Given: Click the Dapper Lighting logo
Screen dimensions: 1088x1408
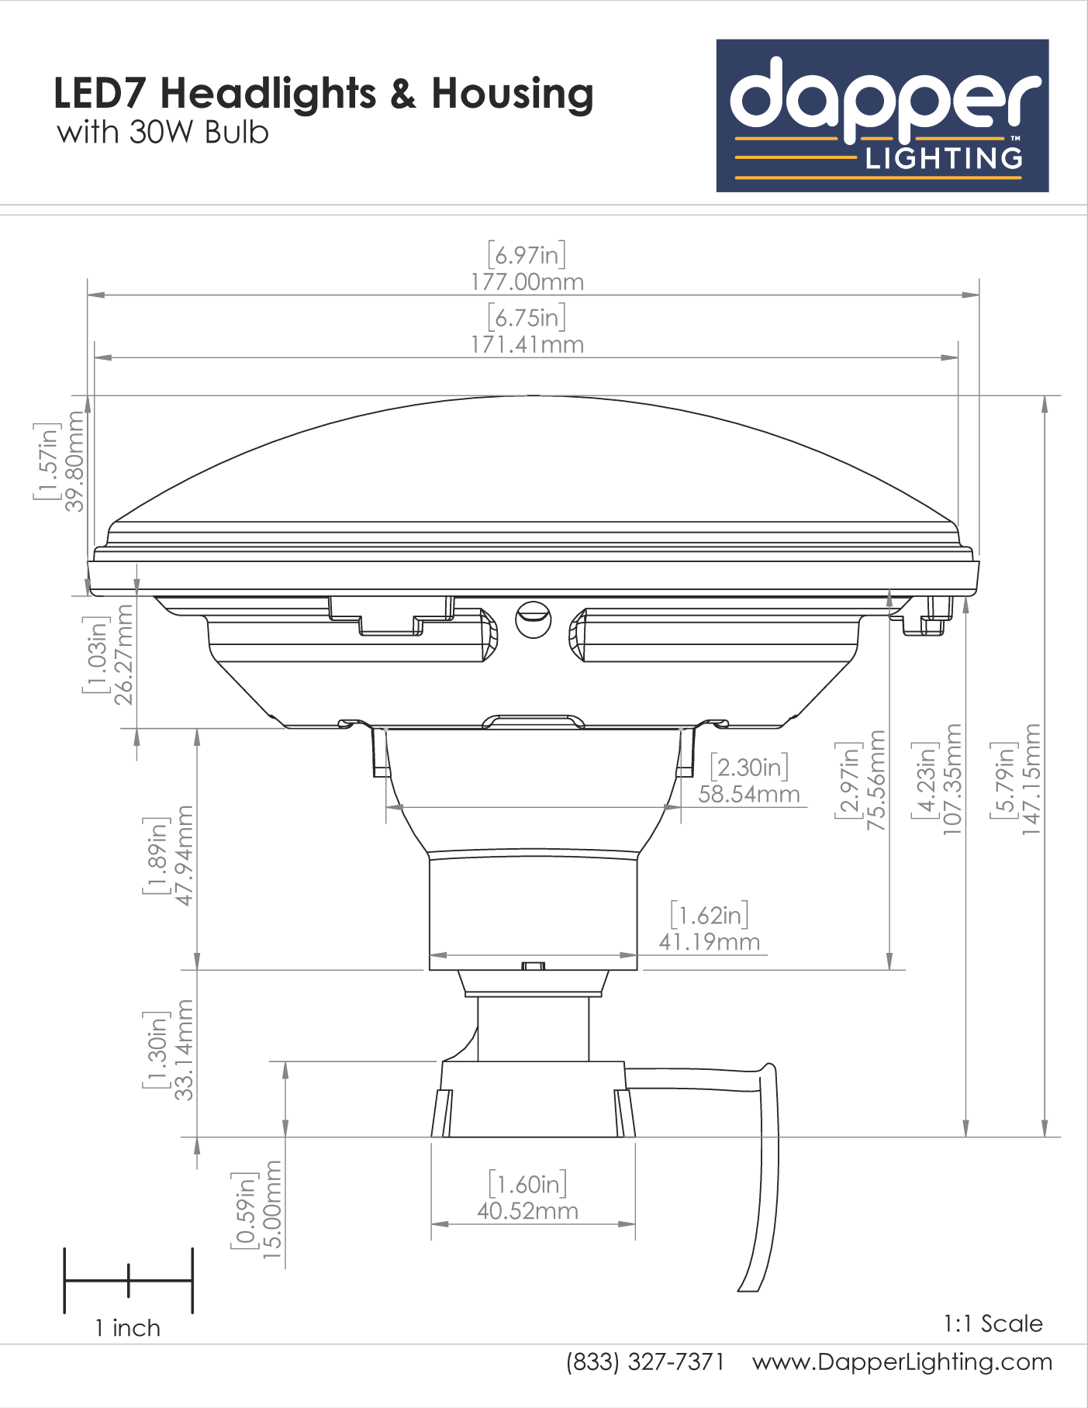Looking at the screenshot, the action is click(882, 116).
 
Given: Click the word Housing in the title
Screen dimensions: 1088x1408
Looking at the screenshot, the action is click(513, 94).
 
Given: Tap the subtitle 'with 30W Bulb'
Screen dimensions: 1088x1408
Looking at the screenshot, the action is click(163, 133).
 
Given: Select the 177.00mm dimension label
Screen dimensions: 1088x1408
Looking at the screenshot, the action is click(527, 281).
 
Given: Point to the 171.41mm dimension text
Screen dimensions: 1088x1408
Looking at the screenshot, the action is click(527, 344).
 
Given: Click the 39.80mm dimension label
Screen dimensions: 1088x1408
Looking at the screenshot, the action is click(74, 461).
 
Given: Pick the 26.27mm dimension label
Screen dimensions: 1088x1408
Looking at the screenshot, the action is click(123, 654).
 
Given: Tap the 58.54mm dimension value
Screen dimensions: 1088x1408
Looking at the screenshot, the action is click(749, 794).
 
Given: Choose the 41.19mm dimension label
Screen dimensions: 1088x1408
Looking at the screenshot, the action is click(710, 942).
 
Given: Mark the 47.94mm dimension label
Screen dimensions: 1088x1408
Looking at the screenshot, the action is click(185, 855).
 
